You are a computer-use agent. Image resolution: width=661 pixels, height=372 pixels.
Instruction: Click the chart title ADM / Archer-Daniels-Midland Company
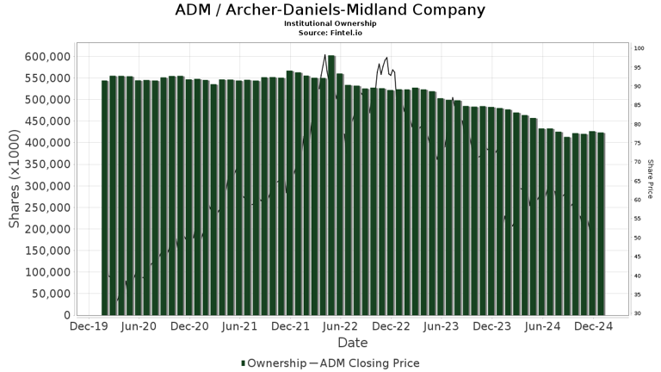330,10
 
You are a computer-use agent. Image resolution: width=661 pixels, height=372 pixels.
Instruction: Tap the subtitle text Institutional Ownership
330,23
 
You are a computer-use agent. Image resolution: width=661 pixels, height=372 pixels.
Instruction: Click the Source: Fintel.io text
330,32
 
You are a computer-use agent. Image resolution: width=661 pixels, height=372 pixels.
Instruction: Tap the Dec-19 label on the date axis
88,327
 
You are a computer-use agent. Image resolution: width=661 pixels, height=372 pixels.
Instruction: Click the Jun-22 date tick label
340,327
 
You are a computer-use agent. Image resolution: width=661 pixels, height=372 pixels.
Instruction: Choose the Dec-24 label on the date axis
592,327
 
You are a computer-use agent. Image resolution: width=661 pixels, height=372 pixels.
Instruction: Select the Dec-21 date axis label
290,327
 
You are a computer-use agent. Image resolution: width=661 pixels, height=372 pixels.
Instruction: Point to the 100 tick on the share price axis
639,49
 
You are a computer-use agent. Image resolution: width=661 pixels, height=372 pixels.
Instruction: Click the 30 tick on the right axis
638,313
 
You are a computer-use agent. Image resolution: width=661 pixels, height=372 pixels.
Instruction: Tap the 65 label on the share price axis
638,181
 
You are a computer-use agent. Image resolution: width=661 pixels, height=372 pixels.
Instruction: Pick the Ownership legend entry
273,363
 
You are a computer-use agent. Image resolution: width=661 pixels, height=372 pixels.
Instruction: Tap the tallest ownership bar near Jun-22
331,185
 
